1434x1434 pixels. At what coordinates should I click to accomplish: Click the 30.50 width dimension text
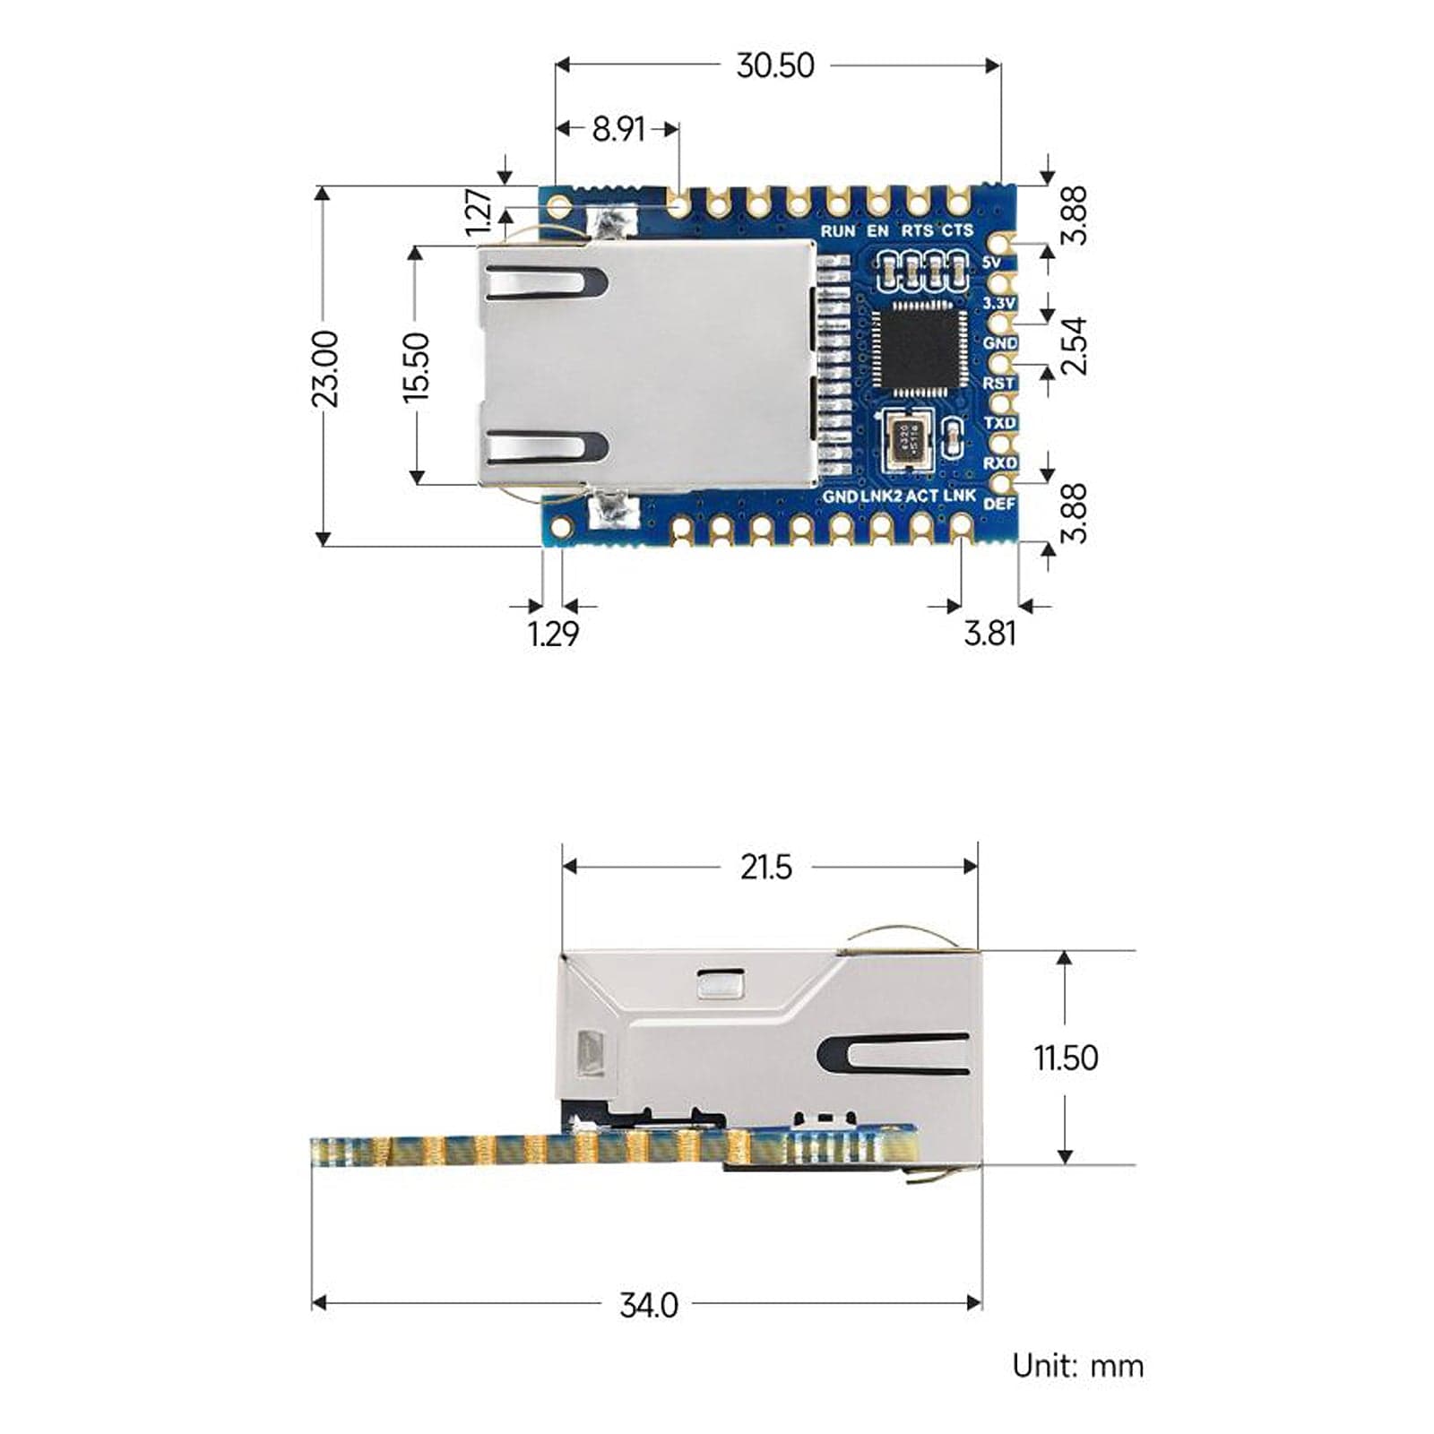[x=774, y=65]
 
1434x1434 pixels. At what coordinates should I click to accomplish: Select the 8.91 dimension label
[x=618, y=129]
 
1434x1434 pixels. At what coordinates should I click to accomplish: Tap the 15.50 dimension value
[x=417, y=367]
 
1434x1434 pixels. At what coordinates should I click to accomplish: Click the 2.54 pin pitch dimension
[x=1074, y=345]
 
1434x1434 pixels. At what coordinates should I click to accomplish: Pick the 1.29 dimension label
[x=553, y=634]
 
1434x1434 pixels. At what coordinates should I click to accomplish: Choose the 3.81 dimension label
[x=989, y=634]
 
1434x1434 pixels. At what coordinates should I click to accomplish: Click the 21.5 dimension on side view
[x=765, y=867]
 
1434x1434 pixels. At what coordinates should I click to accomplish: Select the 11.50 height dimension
[x=1066, y=1058]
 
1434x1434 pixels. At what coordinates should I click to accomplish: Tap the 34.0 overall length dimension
[x=649, y=1305]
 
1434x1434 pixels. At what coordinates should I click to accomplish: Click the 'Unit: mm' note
[x=1077, y=1366]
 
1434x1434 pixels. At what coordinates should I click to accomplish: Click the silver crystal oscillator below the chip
[x=908, y=438]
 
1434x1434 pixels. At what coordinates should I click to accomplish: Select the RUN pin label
[x=838, y=231]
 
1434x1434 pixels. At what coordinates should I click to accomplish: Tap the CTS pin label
[x=957, y=231]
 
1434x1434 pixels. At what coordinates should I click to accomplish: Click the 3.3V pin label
[x=998, y=304]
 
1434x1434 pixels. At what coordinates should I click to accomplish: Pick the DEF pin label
[x=999, y=505]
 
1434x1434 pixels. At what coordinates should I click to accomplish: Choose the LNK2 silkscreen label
[x=881, y=496]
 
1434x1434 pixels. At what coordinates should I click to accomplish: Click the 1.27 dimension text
[x=480, y=212]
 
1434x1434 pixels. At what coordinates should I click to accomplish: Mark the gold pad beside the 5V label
[x=1002, y=245]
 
